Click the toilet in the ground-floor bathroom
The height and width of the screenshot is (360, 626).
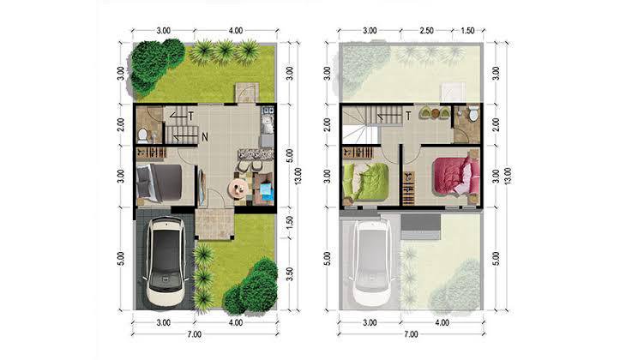[142, 135]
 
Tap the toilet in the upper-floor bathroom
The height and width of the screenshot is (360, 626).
[473, 112]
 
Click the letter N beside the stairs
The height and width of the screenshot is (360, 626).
[205, 137]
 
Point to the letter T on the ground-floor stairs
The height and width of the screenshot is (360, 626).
[191, 116]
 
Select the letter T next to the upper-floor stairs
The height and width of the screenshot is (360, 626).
[408, 116]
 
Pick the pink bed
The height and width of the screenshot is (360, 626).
[455, 176]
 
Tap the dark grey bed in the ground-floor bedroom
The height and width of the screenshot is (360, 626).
[160, 182]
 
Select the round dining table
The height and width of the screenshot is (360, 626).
[238, 188]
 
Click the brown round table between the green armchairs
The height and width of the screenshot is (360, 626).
[434, 113]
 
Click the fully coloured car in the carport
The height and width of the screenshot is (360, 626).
[166, 261]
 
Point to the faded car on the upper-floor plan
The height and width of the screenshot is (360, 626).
[372, 261]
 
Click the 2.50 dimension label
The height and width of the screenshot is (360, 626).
[426, 31]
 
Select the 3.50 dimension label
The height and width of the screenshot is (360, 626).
[290, 273]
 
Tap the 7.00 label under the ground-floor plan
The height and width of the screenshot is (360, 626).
[195, 334]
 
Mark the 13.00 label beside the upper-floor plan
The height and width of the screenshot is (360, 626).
[508, 176]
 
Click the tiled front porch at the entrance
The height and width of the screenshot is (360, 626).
[214, 224]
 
